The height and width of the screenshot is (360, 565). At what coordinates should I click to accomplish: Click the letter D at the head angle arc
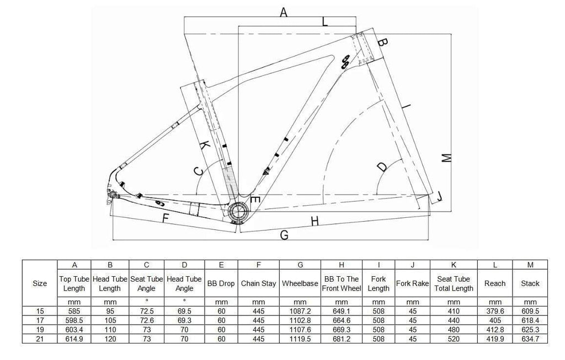click(381, 166)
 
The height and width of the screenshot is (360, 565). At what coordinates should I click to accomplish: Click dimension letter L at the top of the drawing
click(325, 22)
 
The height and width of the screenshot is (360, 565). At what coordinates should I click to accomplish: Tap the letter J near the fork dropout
click(439, 196)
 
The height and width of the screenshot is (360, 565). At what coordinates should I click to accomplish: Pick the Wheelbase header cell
click(300, 283)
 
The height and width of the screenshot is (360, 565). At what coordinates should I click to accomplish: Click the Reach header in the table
click(495, 283)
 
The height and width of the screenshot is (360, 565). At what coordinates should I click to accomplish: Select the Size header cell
click(40, 283)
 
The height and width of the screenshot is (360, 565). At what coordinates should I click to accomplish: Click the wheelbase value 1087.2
click(300, 311)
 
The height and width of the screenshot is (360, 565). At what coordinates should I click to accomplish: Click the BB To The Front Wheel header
click(342, 283)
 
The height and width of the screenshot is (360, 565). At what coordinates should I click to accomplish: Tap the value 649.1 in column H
click(342, 311)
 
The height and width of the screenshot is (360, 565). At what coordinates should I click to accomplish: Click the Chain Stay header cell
click(258, 283)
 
